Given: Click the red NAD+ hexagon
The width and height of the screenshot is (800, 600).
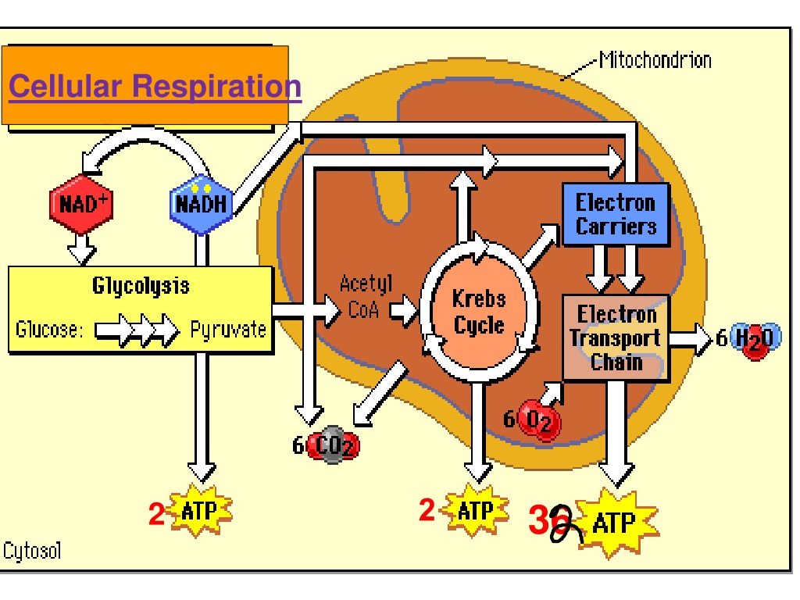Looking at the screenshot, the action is (81, 204).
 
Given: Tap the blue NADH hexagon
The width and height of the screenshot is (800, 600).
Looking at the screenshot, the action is (201, 204).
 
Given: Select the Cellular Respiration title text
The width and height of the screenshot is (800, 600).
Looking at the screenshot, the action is (155, 86).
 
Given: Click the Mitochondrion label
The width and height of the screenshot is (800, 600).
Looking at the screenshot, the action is (655, 59).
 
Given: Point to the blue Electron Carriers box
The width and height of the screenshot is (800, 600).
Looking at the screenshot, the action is (616, 214).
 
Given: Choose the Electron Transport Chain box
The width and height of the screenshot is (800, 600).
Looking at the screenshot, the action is (616, 337).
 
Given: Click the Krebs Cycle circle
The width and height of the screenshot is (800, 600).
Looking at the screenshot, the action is (479, 312).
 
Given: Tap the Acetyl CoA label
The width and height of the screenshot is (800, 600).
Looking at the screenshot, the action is (366, 296).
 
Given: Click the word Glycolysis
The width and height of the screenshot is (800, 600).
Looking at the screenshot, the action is (141, 286).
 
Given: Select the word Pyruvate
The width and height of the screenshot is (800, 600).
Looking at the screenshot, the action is (228, 330).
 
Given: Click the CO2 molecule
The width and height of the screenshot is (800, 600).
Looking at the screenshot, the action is (333, 445).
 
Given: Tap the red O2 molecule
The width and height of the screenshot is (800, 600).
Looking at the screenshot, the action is (539, 420).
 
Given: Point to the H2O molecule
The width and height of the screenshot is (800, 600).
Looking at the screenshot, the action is (755, 339).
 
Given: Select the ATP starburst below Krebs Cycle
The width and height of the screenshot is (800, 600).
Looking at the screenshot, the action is (476, 510).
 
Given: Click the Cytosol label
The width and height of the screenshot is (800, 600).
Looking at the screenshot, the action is (32, 551).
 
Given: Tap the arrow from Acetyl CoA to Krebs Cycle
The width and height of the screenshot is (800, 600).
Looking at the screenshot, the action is (404, 309).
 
